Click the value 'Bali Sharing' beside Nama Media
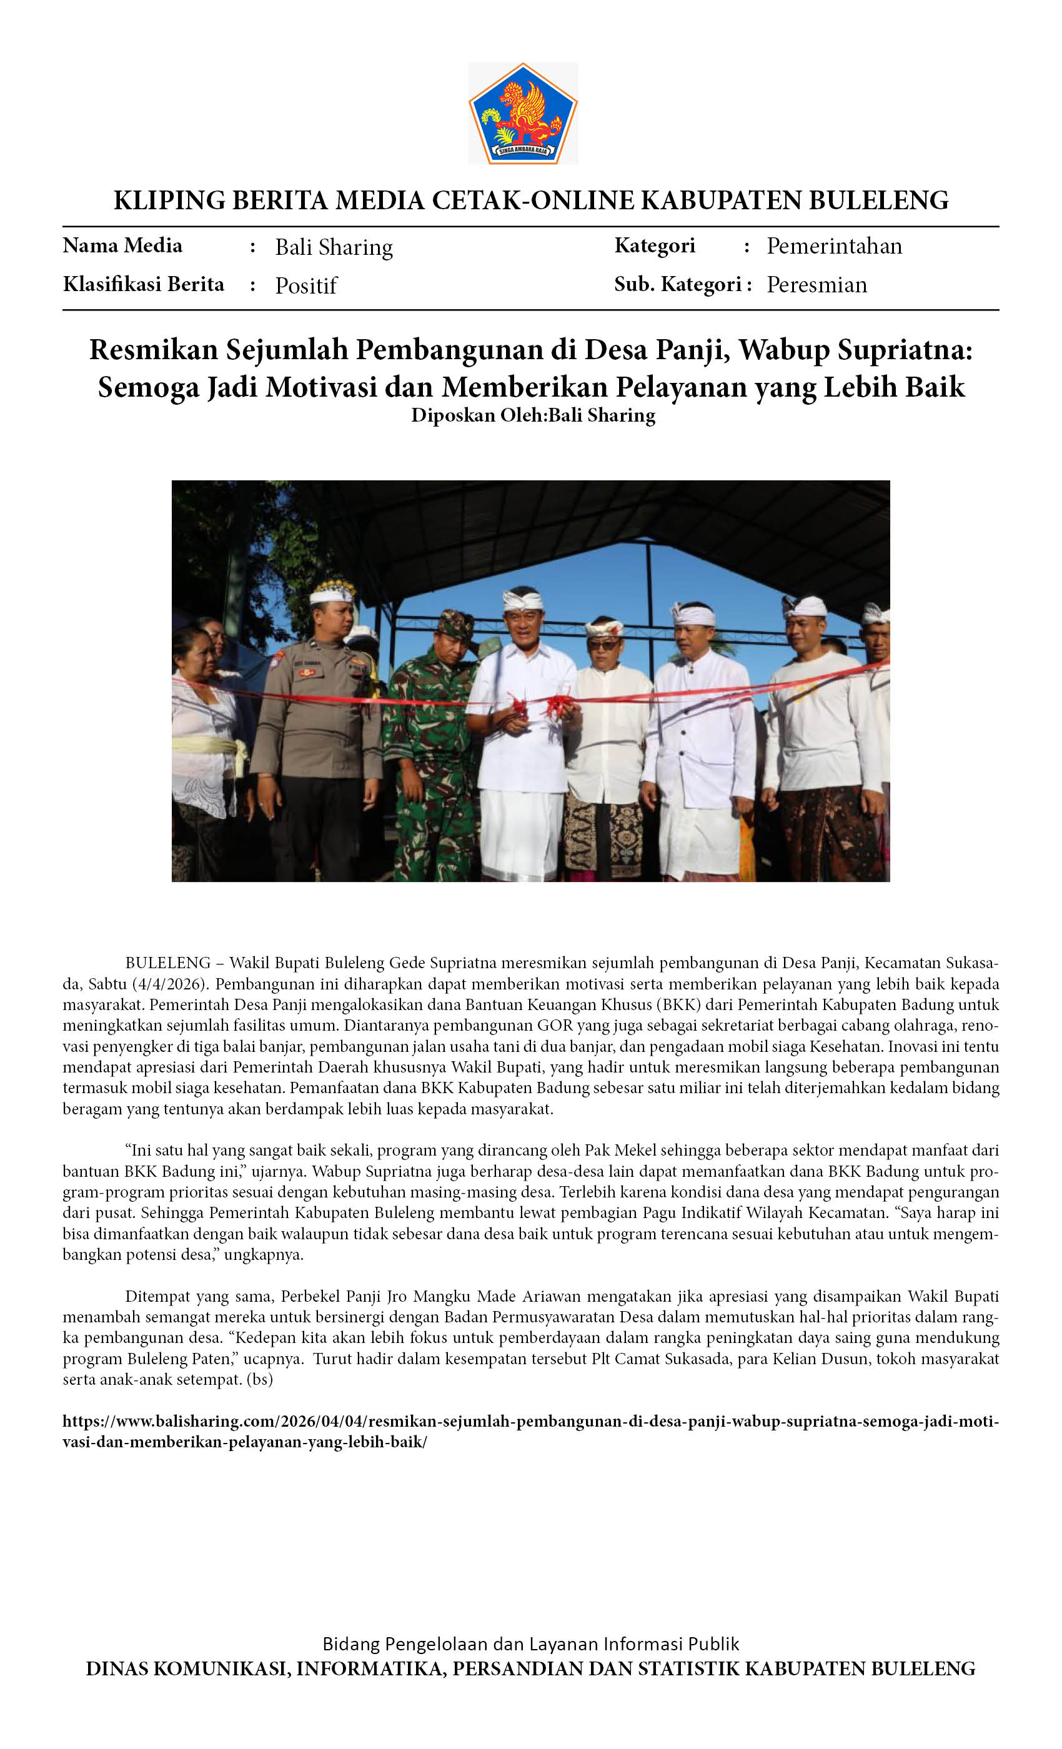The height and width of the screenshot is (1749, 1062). pos(334,247)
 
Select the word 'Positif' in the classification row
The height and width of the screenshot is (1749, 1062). pos(306,285)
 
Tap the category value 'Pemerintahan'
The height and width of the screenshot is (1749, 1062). pos(834,246)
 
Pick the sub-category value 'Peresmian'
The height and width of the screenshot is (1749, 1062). pos(816,285)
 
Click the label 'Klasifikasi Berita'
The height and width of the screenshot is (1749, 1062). pos(144,284)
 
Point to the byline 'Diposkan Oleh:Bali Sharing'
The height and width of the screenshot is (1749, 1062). pos(532,415)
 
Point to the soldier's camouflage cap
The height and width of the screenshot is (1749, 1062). pos(454,623)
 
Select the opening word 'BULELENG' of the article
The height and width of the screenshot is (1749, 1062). pos(167,963)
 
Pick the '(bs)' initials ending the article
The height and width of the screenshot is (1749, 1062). pos(260,1380)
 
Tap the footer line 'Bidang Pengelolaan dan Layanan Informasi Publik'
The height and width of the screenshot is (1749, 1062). pos(530,1644)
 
